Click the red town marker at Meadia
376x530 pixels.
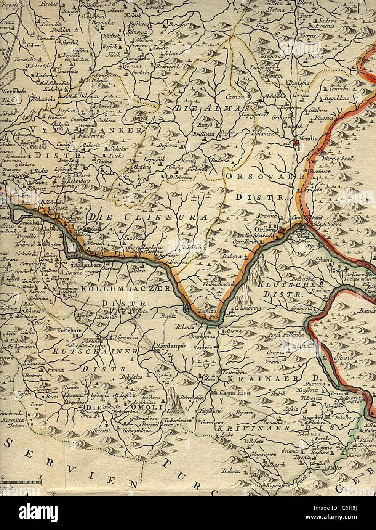pyautogui.click(x=297, y=143)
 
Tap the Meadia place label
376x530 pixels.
pyautogui.click(x=309, y=138)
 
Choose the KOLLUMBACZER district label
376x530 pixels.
pyautogui.click(x=126, y=289)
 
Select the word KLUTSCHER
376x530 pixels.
pyautogui.click(x=291, y=284)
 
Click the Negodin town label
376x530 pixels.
pyautogui.click(x=310, y=418)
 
